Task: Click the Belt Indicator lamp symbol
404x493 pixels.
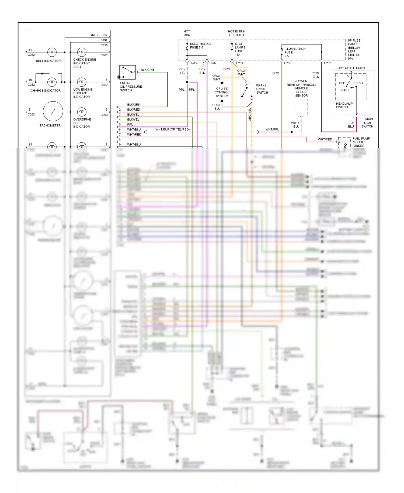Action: pyautogui.click(x=52, y=52)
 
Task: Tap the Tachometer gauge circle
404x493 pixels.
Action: pyautogui.click(x=53, y=111)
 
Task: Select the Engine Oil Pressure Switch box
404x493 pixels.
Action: pyautogui.click(x=128, y=72)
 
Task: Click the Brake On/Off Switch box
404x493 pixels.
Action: pyautogui.click(x=247, y=92)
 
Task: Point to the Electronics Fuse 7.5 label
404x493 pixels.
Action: pyautogui.click(x=200, y=46)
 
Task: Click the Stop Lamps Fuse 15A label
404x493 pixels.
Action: pyautogui.click(x=240, y=49)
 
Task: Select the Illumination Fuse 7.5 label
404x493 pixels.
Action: pyautogui.click(x=295, y=52)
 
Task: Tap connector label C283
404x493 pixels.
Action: pyautogui.click(x=193, y=63)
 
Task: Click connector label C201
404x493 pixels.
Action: pyautogui.click(x=239, y=63)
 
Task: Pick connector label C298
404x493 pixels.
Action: pyautogui.click(x=287, y=63)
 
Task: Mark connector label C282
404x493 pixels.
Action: pyautogui.click(x=327, y=63)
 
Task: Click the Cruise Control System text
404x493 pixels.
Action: pyautogui.click(x=222, y=92)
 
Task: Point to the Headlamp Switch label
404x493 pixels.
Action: pyautogui.click(x=344, y=105)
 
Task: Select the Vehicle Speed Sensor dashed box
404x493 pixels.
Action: pyautogui.click(x=301, y=107)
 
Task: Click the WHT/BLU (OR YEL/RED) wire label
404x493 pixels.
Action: pyautogui.click(x=172, y=129)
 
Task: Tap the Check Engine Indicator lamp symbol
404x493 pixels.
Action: pyautogui.click(x=82, y=52)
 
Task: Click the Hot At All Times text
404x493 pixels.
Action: pyautogui.click(x=351, y=68)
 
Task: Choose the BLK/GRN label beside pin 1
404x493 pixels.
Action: pyautogui.click(x=134, y=105)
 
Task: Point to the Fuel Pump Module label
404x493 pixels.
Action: pyautogui.click(x=361, y=142)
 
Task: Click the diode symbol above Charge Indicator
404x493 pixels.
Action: pyautogui.click(x=42, y=74)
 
